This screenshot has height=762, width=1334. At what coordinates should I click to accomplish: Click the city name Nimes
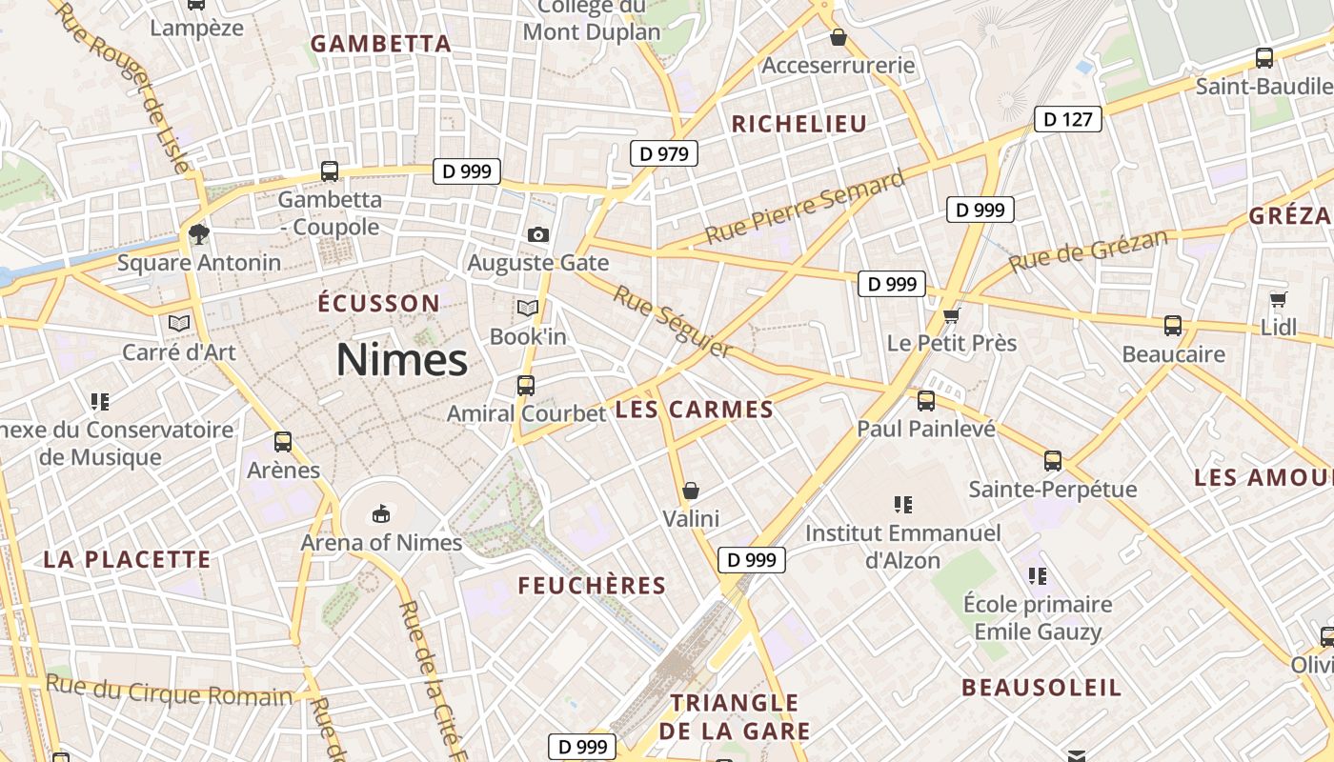pos(401,360)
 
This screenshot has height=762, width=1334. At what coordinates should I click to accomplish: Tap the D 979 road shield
pos(664,153)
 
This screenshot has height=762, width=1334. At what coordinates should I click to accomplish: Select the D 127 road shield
pos(1068,119)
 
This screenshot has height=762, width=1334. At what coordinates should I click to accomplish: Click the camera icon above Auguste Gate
pos(538,234)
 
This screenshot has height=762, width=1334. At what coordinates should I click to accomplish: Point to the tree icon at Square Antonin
pos(198,233)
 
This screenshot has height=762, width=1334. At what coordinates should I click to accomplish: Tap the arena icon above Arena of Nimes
pos(381,514)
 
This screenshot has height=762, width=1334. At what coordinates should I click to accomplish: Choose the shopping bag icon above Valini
pos(691,491)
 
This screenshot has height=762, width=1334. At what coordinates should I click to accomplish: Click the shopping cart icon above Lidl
pos(1279,300)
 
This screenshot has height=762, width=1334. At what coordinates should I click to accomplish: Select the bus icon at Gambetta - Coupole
pos(330,171)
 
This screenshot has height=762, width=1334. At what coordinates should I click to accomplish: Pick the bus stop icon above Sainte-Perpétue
pos(1053,461)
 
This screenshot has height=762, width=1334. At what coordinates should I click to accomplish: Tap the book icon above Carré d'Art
pos(179,324)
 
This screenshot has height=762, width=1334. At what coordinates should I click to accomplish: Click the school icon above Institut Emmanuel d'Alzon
pos(902,505)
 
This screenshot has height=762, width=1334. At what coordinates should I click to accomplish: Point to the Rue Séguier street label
pos(673,322)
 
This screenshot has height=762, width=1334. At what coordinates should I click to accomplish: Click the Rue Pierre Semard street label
pos(805,207)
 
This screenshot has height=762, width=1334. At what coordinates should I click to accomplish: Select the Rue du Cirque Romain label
pos(169,690)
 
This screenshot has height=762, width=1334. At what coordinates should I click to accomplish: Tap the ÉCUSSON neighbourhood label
pos(378,304)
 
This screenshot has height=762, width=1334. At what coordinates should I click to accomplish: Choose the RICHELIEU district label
pos(798,124)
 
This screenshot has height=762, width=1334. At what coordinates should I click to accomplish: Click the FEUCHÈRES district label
pos(592,586)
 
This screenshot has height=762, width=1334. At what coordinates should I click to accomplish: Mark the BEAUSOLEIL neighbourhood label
pos(1041,688)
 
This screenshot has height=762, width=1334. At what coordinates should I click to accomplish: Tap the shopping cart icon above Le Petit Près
pos(950,315)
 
